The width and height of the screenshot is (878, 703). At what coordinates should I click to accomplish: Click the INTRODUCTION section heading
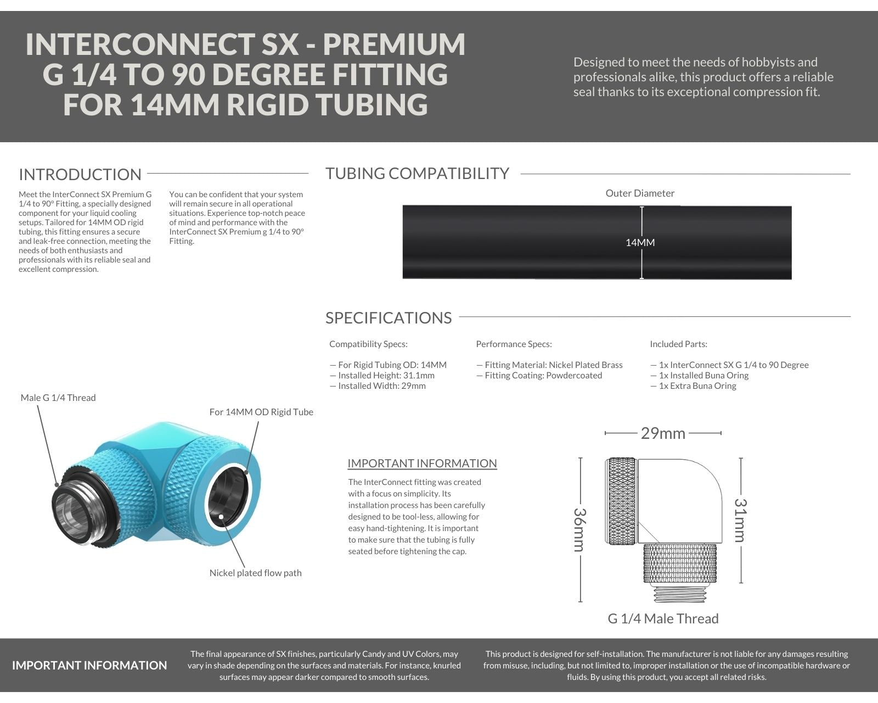pos(80,175)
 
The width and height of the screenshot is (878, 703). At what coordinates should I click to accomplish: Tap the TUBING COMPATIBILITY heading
pos(418,174)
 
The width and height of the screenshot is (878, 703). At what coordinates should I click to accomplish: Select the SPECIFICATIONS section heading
pos(389,318)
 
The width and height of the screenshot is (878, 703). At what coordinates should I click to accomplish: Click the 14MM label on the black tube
pos(640,242)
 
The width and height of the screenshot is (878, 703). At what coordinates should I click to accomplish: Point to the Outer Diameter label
pos(640,193)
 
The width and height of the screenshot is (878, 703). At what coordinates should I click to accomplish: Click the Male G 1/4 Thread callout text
pos(58,398)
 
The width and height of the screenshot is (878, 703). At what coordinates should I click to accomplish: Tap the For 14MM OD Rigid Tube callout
pos(261,412)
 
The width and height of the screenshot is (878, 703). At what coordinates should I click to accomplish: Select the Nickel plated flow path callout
pos(256,573)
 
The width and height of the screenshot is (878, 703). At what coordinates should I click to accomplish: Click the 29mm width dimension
pos(663,433)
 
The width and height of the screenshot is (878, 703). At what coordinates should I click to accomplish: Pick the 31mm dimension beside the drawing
pos(741,520)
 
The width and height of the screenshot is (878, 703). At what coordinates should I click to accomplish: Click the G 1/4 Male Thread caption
pos(663,618)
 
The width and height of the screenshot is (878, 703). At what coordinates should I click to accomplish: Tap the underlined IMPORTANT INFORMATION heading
pos(422,464)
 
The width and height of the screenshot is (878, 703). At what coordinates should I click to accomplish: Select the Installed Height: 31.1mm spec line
pos(382,376)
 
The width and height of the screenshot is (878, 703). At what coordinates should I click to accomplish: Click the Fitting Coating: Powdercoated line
pos(539,376)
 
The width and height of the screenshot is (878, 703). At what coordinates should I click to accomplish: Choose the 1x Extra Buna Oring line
pos(693,386)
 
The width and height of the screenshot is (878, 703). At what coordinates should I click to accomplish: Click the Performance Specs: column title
pos(514,344)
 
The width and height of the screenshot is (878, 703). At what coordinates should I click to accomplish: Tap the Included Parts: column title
pos(678,344)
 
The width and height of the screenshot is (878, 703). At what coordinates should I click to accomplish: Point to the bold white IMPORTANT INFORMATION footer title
pos(89,666)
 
